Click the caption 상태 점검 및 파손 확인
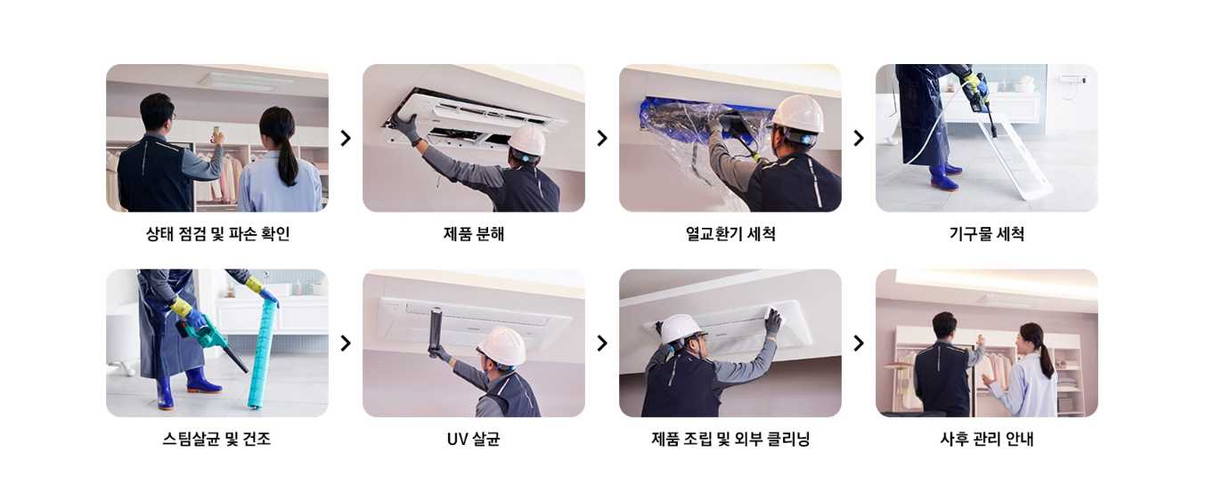tap(217, 234)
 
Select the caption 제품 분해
tap(473, 234)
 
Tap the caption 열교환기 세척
tap(730, 234)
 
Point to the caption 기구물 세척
tap(986, 234)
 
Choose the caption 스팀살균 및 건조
tap(217, 439)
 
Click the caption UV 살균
tap(473, 439)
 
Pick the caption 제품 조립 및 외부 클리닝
tap(730, 439)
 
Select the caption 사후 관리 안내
tap(986, 439)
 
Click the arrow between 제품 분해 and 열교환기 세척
tap(602, 138)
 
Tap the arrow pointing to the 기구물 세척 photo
tap(859, 138)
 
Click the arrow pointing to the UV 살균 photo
tap(346, 343)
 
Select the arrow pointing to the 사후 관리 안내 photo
tap(859, 343)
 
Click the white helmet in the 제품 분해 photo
tap(526, 140)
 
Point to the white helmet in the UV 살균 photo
tap(501, 345)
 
